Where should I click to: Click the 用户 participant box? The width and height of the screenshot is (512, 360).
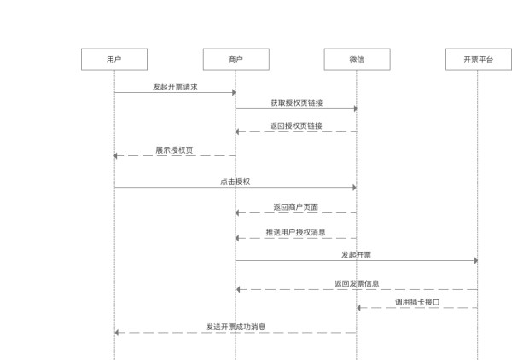pyautogui.click(x=113, y=59)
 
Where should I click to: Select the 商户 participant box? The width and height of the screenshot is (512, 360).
pyautogui.click(x=236, y=59)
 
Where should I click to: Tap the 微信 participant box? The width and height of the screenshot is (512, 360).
pyautogui.click(x=357, y=59)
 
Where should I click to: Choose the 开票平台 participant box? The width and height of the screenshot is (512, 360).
pyautogui.click(x=478, y=59)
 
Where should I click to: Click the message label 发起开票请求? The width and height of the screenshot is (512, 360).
pyautogui.click(x=175, y=87)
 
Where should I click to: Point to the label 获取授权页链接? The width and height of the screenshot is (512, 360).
pyautogui.click(x=296, y=102)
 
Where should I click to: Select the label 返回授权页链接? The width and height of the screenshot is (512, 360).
pyautogui.click(x=296, y=125)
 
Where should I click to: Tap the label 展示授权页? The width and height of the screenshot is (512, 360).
pyautogui.click(x=174, y=149)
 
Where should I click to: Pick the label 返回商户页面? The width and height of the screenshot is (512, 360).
pyautogui.click(x=296, y=206)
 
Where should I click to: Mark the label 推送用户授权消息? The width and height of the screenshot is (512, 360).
pyautogui.click(x=296, y=231)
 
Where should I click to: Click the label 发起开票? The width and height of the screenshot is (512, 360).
pyautogui.click(x=356, y=254)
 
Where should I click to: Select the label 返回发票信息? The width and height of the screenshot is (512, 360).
pyautogui.click(x=357, y=283)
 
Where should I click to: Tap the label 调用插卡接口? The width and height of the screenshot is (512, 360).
pyautogui.click(x=417, y=302)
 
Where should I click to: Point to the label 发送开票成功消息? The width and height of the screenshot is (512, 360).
pyautogui.click(x=236, y=327)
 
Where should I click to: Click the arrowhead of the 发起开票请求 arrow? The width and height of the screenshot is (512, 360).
pyautogui.click(x=233, y=92)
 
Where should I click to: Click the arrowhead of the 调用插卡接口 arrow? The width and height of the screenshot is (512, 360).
pyautogui.click(x=359, y=308)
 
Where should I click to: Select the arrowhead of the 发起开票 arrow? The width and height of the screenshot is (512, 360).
pyautogui.click(x=475, y=260)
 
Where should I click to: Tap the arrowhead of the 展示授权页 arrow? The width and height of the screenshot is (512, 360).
pyautogui.click(x=117, y=155)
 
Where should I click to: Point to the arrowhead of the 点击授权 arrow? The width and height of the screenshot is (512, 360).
pyautogui.click(x=354, y=187)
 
